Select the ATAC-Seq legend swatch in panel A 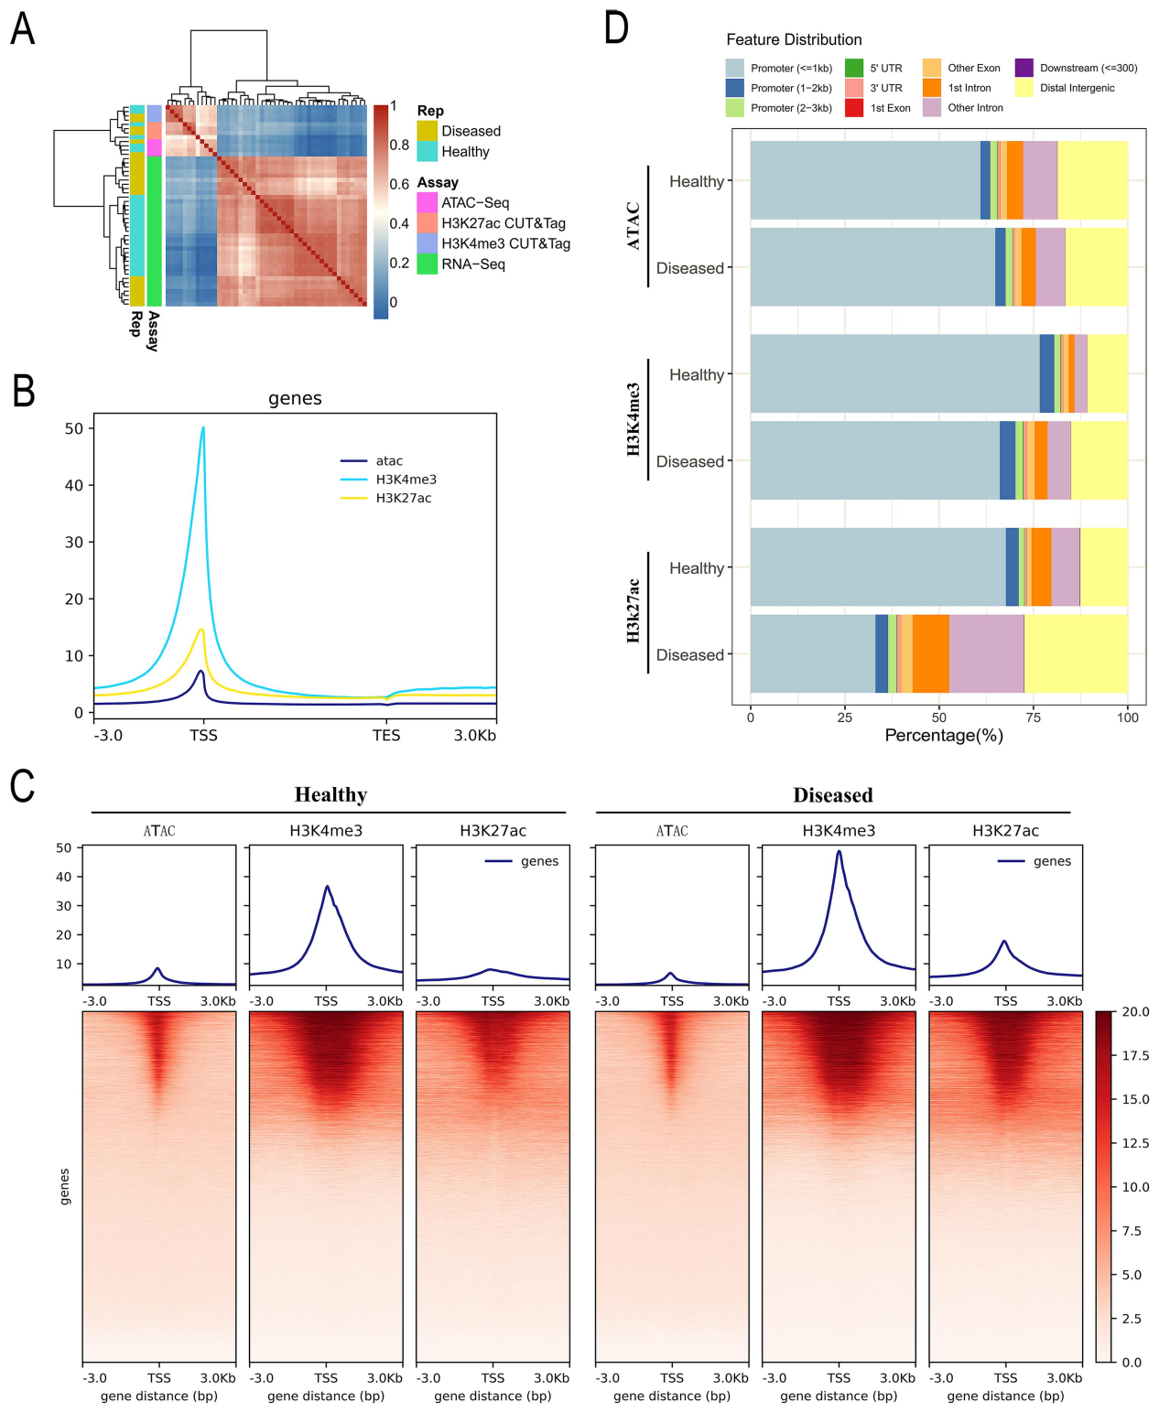tap(427, 202)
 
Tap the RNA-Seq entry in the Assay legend tap(472, 264)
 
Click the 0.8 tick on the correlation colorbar tap(399, 145)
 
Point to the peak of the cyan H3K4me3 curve tap(203, 427)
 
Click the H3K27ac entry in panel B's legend tap(404, 498)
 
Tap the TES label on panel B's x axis tap(386, 735)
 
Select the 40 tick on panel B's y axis tap(74, 485)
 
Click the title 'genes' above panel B tap(295, 399)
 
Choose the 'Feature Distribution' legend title tap(794, 39)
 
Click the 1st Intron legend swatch tap(932, 88)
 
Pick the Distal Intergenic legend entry tap(1077, 88)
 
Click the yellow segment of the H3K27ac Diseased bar tap(1076, 653)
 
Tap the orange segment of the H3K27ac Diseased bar tap(930, 653)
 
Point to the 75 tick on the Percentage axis tap(1033, 717)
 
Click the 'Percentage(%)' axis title tap(944, 736)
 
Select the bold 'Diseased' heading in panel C tap(832, 795)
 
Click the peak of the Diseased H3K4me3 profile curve tap(839, 851)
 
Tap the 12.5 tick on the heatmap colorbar tap(1135, 1143)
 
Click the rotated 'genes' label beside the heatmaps tap(65, 1187)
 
